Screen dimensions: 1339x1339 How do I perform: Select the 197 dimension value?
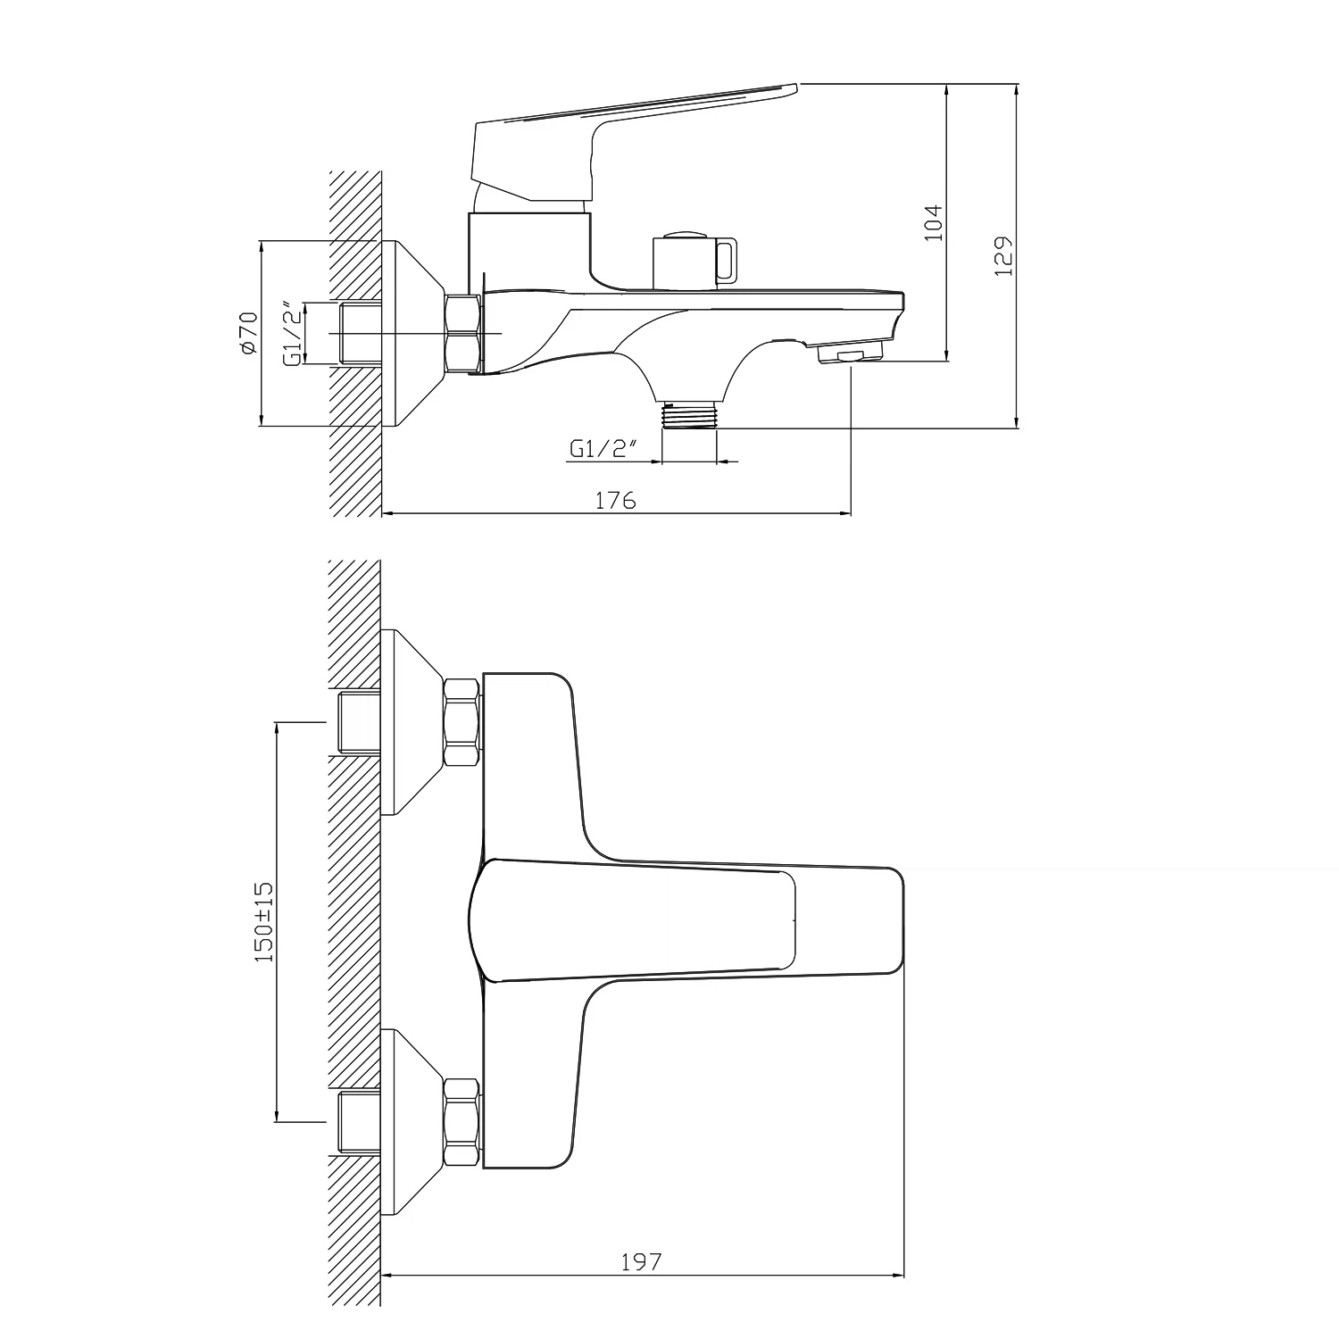(x=642, y=1261)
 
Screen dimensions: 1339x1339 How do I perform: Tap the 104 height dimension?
(x=933, y=222)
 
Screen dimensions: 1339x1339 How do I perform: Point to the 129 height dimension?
(x=1003, y=256)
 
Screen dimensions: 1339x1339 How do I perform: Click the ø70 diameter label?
(x=248, y=334)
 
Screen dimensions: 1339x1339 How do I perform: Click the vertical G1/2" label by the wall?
(x=292, y=334)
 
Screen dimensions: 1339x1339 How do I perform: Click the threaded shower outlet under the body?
(x=690, y=414)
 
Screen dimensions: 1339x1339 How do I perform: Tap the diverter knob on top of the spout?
(x=694, y=260)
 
